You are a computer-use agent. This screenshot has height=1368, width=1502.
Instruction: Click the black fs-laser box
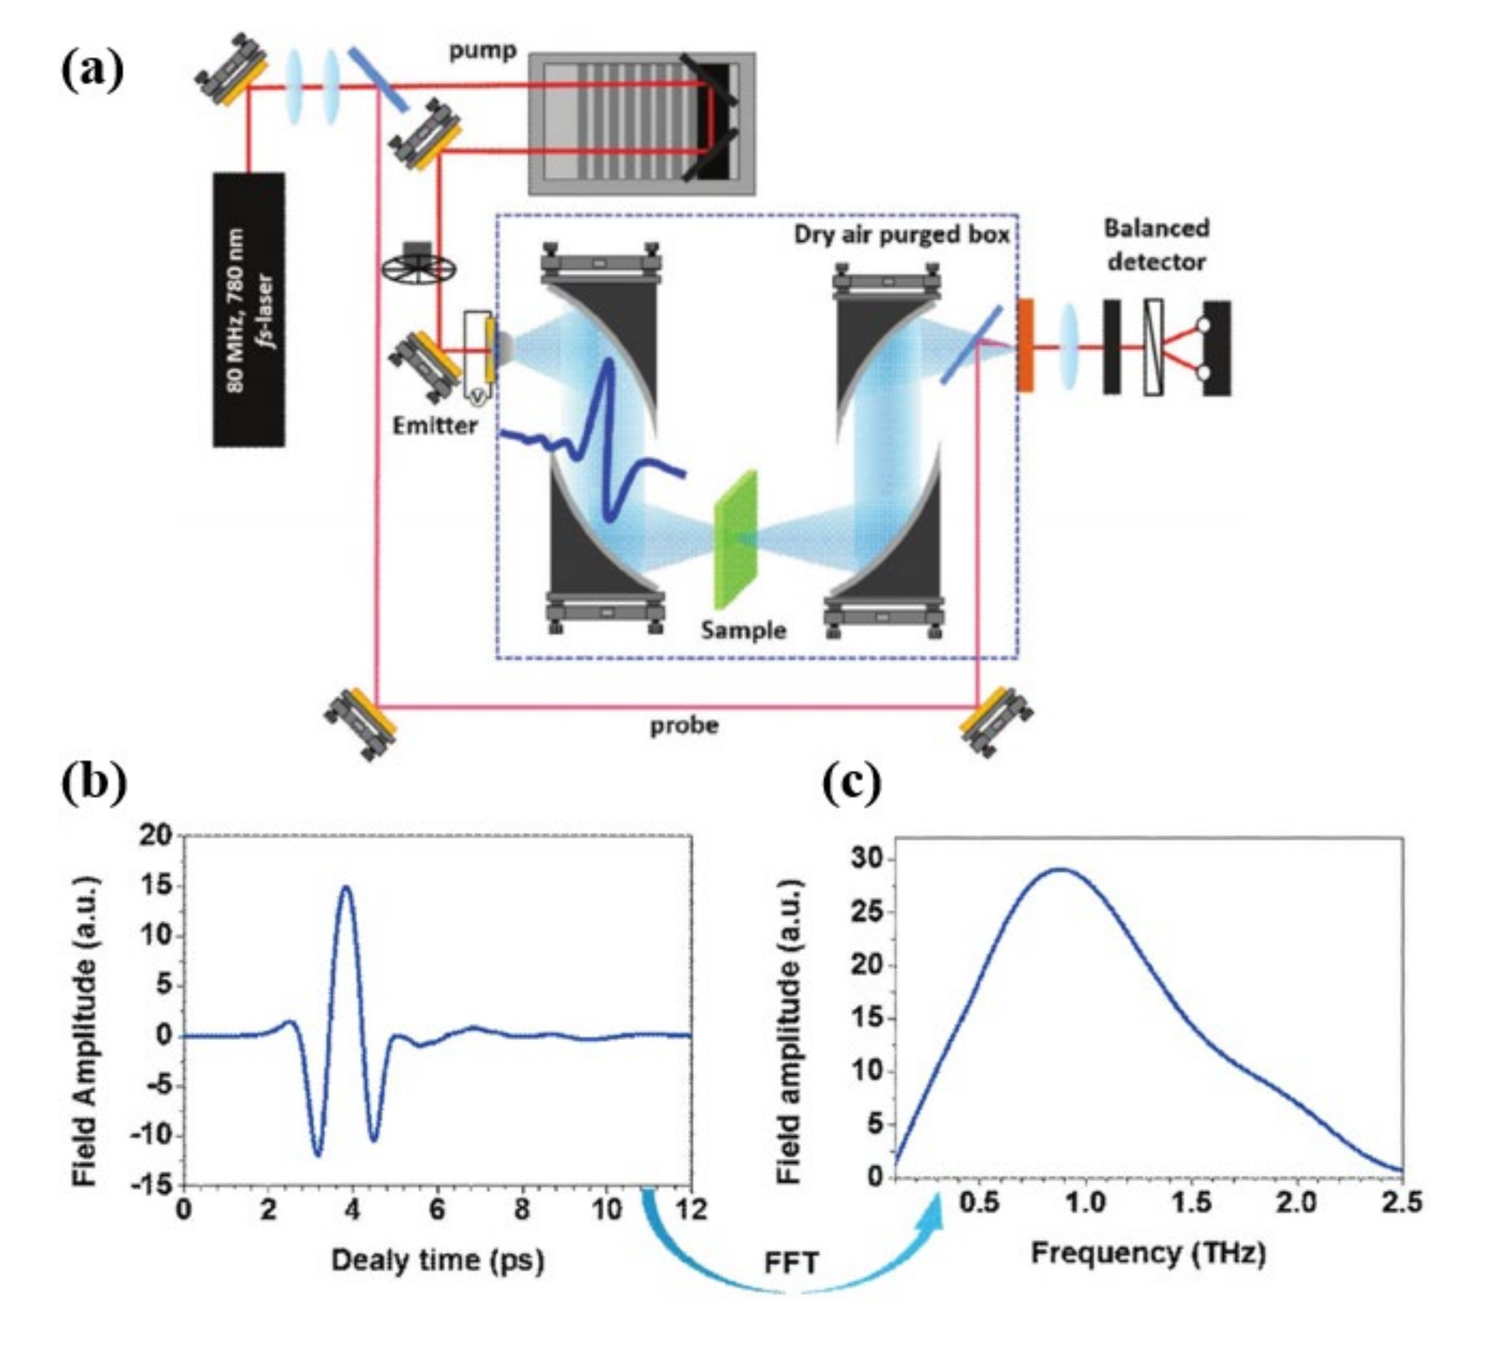click(249, 309)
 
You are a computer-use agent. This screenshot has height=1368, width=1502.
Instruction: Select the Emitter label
click(435, 426)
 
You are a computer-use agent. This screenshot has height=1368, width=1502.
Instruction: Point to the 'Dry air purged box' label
click(901, 235)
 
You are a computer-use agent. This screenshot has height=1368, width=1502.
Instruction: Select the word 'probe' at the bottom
click(684, 725)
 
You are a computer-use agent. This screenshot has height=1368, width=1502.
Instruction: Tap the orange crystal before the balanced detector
click(1026, 345)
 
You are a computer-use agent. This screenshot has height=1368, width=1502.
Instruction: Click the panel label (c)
click(852, 783)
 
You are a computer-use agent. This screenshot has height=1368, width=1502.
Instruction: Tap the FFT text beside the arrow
click(791, 1264)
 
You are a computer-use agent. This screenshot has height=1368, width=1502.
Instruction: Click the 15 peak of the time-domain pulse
click(347, 887)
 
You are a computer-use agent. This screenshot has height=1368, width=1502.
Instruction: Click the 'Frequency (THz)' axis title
click(1148, 1253)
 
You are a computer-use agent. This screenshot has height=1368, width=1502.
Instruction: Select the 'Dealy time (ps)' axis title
click(437, 1260)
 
